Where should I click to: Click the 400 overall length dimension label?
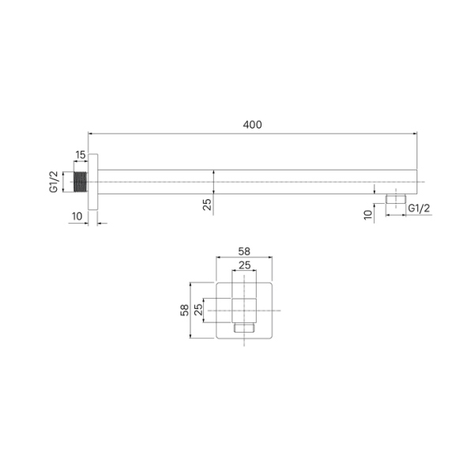pos(252,124)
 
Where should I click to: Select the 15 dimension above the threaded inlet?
pos(81,155)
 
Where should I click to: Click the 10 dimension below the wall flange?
pos(76,216)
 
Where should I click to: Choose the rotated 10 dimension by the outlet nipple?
pos(368,214)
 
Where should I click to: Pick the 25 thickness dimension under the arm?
pos(207,204)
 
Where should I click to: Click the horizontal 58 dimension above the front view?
pos(244,251)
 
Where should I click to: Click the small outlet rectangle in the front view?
pos(244,327)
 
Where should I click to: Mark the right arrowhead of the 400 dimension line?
pos(415,133)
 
